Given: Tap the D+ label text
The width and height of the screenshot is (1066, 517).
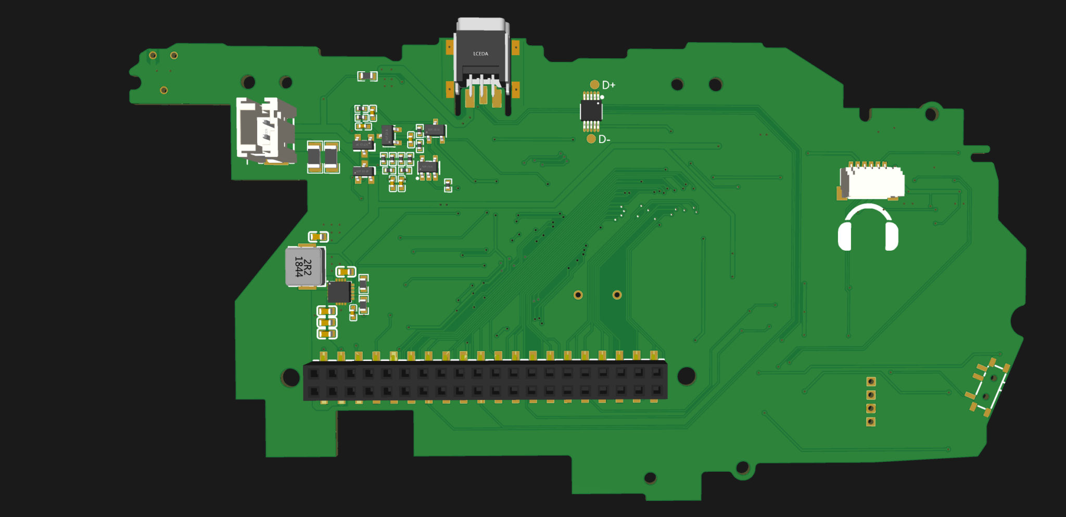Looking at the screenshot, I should click(608, 85).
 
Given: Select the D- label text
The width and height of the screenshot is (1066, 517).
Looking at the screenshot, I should click(604, 139).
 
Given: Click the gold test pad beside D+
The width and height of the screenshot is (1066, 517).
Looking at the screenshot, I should click(594, 84).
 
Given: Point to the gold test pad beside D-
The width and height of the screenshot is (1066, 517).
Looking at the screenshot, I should click(591, 139).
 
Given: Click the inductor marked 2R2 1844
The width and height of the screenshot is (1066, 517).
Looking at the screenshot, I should click(304, 266).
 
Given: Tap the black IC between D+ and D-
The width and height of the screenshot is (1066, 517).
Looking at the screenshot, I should click(591, 110).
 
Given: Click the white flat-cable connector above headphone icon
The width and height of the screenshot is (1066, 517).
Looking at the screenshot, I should click(873, 182).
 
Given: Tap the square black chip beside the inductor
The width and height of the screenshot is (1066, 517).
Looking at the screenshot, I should click(339, 292).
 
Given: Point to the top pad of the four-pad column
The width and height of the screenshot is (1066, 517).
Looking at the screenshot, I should click(871, 382).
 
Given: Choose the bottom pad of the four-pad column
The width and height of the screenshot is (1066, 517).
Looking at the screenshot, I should click(871, 422).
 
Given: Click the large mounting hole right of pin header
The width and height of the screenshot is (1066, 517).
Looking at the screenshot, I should click(686, 376).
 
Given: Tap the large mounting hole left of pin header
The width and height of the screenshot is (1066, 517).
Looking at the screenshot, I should click(290, 377).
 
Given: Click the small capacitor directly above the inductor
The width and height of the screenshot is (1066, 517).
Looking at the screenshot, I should click(319, 237).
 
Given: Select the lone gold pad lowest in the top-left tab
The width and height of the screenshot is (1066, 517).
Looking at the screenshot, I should click(163, 91).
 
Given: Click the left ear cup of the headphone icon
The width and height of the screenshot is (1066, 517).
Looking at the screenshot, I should click(844, 237).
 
